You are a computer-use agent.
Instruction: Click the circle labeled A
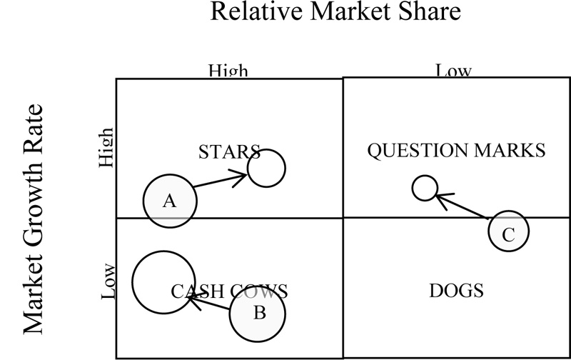(170, 201)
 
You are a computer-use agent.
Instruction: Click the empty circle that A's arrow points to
(266, 168)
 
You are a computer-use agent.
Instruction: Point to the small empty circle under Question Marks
(425, 188)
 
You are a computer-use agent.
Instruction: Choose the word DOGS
(457, 291)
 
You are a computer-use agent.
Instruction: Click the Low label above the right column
(453, 71)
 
